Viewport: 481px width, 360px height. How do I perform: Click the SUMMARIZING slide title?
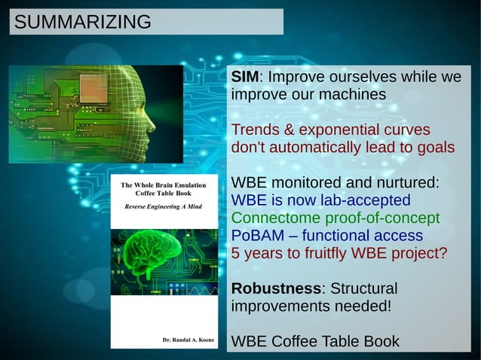click(x=82, y=22)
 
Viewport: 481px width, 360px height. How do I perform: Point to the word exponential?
click(x=339, y=130)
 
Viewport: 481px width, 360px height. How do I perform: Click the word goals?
click(x=435, y=148)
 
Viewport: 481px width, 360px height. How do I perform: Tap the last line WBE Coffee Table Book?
click(x=315, y=341)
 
